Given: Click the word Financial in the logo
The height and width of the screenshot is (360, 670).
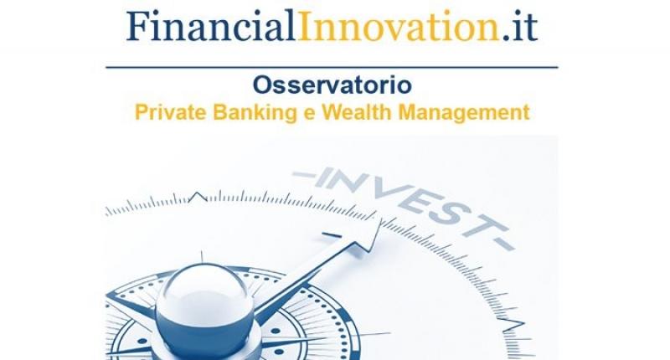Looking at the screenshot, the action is [x=211, y=25].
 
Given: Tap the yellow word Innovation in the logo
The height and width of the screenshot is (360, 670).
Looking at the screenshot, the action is [x=399, y=26].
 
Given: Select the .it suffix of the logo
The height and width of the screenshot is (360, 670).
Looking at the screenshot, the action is [x=519, y=27].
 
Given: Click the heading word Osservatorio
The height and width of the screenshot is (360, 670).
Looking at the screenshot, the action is [x=332, y=85].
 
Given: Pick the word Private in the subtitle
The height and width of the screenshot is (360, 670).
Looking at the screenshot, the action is [x=171, y=112].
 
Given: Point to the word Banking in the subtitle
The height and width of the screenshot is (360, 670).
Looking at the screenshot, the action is [x=255, y=113].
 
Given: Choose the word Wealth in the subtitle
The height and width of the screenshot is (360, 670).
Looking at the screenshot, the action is [x=357, y=112].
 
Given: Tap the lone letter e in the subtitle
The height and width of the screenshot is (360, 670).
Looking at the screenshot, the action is [x=309, y=115].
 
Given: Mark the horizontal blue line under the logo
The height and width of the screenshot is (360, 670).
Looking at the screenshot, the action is [x=332, y=68].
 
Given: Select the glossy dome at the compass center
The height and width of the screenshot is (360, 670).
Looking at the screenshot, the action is [x=204, y=306].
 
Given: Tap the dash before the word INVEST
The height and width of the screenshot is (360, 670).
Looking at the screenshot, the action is [x=303, y=175].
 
